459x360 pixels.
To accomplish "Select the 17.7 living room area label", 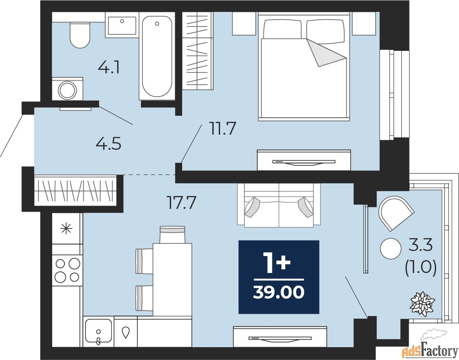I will tap(181, 202).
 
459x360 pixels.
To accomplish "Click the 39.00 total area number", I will tap(278, 291).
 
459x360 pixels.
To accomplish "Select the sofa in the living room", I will tap(279, 204).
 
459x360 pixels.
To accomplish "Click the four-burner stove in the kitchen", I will tap(67, 270).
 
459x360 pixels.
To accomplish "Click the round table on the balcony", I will tap(390, 249).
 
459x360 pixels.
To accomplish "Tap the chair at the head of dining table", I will tap(172, 235).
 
